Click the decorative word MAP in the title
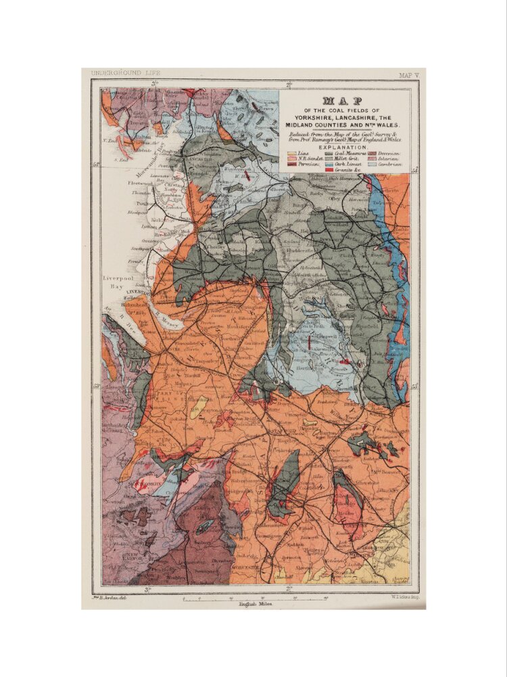342,100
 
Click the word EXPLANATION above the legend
342,146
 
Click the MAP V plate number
408,75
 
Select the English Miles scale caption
255,603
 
